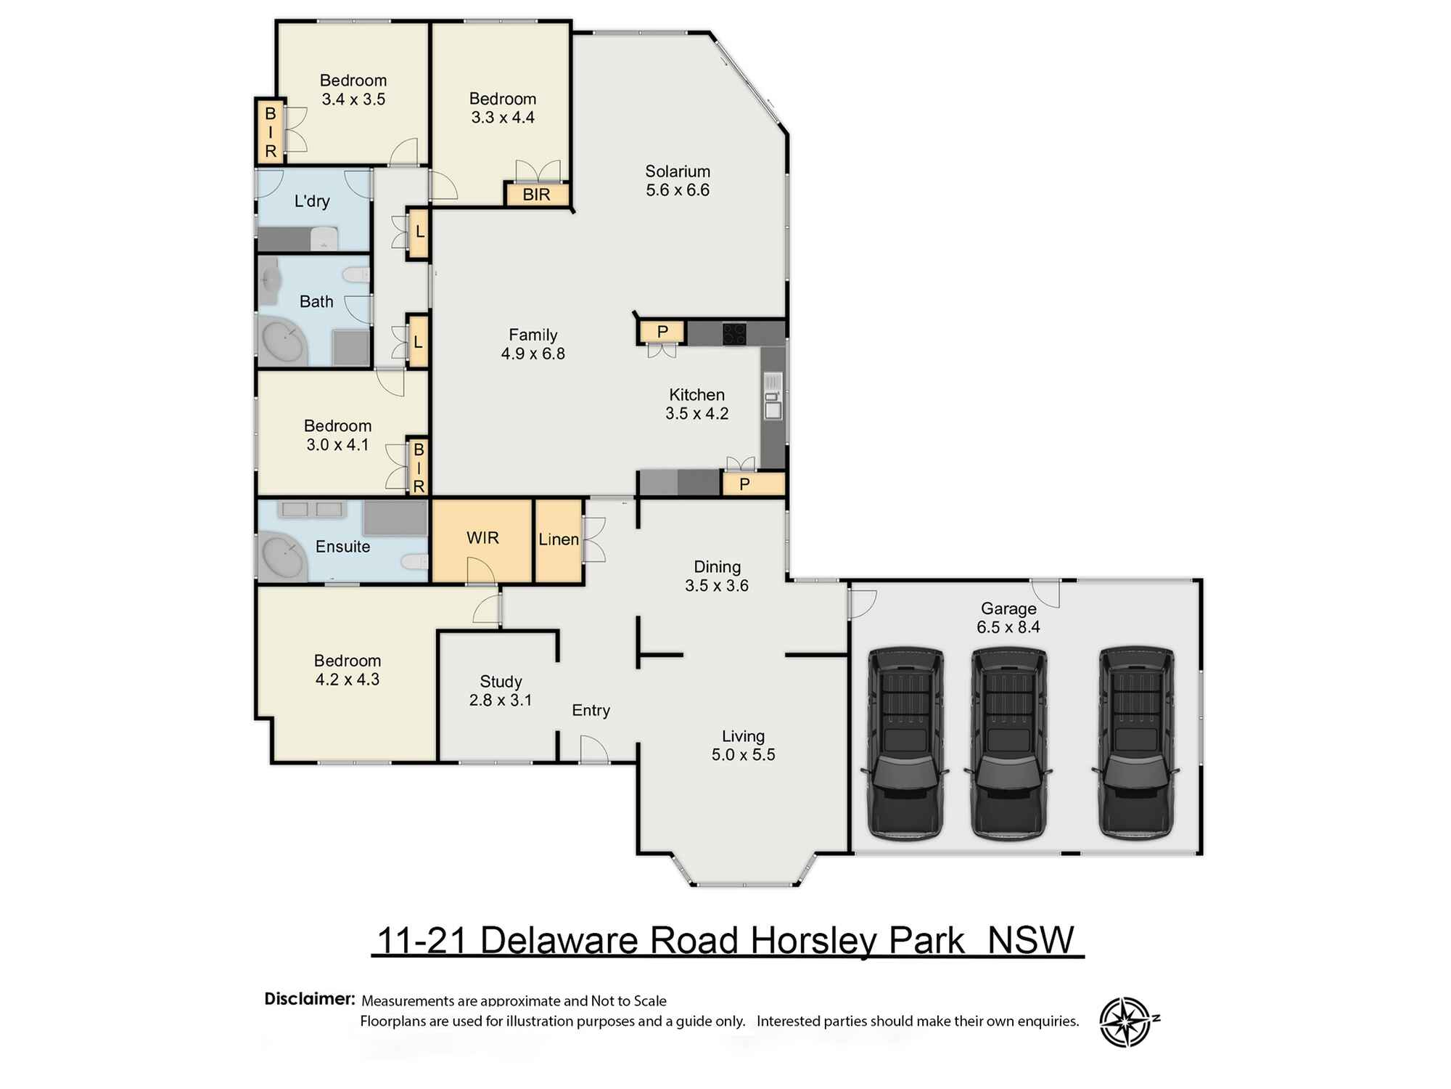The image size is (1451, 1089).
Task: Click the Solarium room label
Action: click(x=678, y=172)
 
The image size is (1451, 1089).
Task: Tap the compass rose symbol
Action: click(x=1125, y=1022)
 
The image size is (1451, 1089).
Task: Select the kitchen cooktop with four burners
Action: click(x=734, y=333)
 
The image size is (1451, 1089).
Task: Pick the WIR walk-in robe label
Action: click(x=482, y=538)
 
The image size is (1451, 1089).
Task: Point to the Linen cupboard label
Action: click(x=559, y=539)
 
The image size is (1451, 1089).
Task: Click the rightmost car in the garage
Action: click(x=1135, y=743)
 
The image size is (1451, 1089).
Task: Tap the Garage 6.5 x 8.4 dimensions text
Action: click(x=1008, y=627)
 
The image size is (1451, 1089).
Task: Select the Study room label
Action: click(x=501, y=682)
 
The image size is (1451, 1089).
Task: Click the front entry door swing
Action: click(x=593, y=749)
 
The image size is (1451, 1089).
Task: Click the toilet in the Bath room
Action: click(x=357, y=275)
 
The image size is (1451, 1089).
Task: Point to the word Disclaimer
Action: click(x=309, y=999)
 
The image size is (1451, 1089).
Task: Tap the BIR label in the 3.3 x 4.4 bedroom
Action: click(x=536, y=195)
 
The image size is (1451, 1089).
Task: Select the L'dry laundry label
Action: click(x=312, y=201)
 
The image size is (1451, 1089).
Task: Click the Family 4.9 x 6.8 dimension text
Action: click(x=533, y=354)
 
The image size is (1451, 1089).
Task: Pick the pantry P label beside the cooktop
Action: click(x=662, y=332)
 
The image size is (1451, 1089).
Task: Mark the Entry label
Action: click(x=591, y=710)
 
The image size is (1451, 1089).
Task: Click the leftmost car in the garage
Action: click(x=905, y=743)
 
